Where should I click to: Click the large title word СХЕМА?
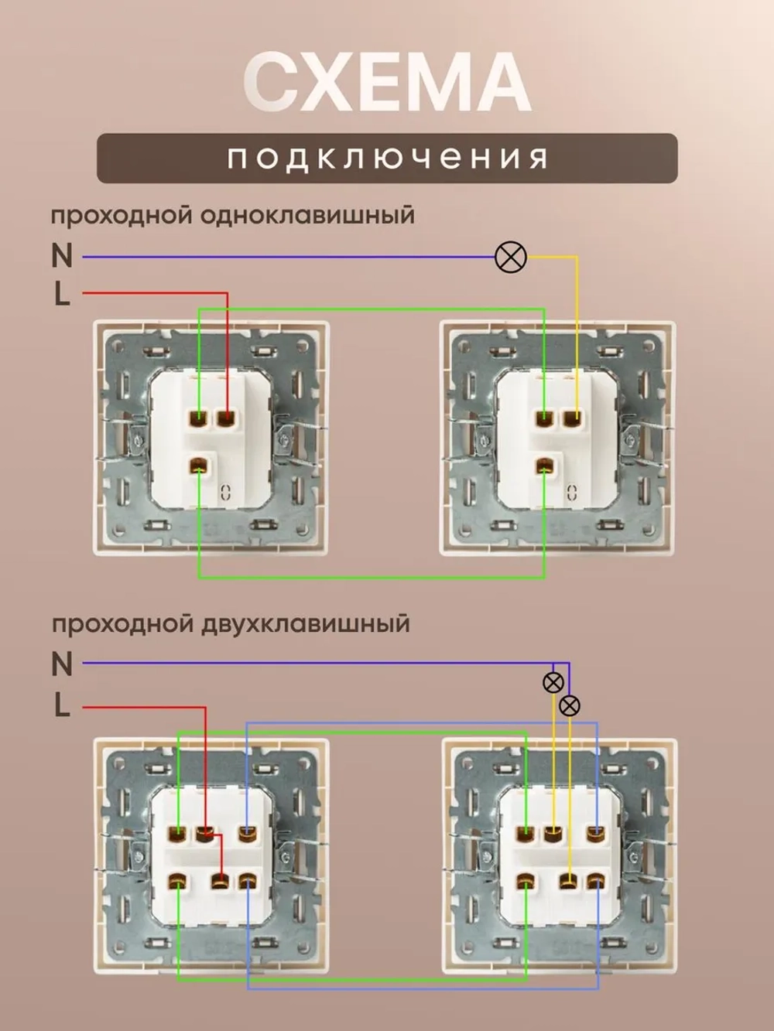coord(387,83)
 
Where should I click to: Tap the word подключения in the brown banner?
coord(387,159)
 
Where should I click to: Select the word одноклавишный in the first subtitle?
coord(307,215)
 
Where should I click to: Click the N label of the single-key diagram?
coord(62,256)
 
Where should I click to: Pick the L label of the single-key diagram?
coord(62,294)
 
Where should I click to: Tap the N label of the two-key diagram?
coord(62,664)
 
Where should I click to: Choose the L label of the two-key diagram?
coord(62,705)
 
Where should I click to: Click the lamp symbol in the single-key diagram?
coord(510,257)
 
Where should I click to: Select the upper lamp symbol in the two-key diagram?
coord(553,682)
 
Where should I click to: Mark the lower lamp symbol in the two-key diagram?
coord(569,705)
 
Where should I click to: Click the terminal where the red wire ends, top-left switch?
coord(226,419)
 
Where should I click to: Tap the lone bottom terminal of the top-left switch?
coord(199,466)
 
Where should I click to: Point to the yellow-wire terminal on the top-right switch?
coord(573,419)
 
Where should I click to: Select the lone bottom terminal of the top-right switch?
coord(545,466)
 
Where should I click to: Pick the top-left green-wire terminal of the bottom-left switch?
coord(177,834)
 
